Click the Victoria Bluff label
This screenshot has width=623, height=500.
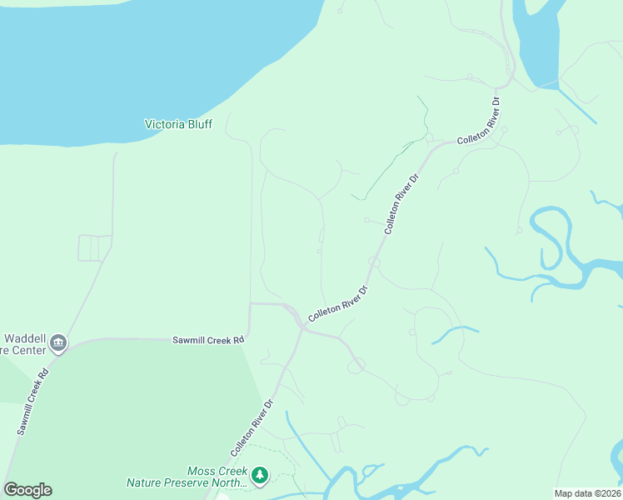tap(178, 124)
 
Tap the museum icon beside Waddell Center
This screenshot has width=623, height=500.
tap(58, 342)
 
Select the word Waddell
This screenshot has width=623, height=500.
tap(24, 338)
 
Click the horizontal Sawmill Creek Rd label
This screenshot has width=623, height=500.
tap(208, 340)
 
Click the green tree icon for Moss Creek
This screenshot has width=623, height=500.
tap(260, 475)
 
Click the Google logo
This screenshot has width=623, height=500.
tap(27, 490)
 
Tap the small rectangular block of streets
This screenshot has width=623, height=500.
tap(94, 247)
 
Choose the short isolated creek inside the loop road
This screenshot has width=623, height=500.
tap(454, 333)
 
